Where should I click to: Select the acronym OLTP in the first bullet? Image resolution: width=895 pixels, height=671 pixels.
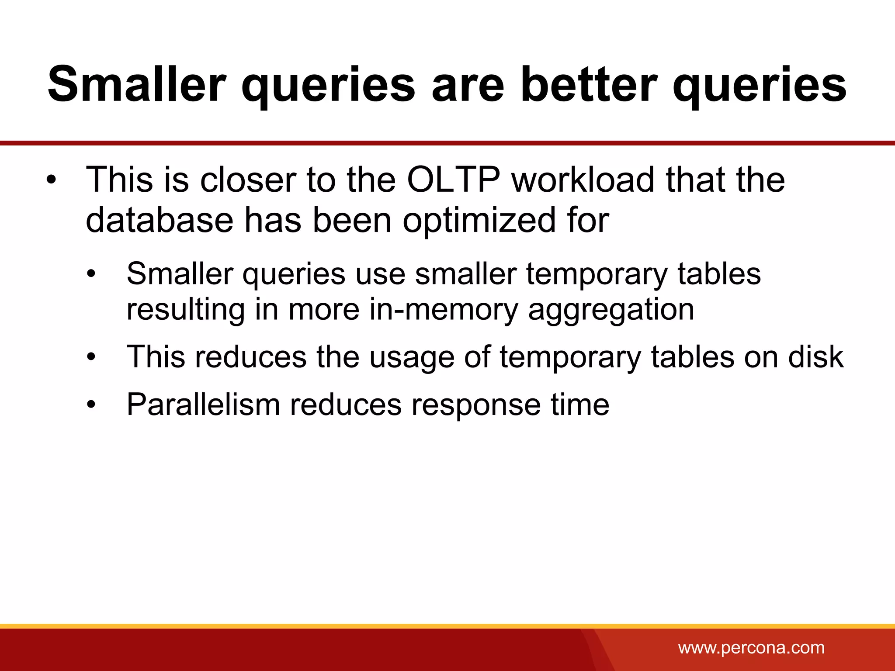click(454, 180)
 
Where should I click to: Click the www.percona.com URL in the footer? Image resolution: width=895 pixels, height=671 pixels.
click(751, 647)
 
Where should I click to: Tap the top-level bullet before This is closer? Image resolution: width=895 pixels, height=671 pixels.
click(52, 180)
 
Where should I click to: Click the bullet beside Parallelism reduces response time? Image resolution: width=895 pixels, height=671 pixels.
click(90, 405)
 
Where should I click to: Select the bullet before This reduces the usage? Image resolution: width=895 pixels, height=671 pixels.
click(90, 357)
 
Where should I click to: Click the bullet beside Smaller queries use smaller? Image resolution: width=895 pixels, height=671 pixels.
click(90, 274)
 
